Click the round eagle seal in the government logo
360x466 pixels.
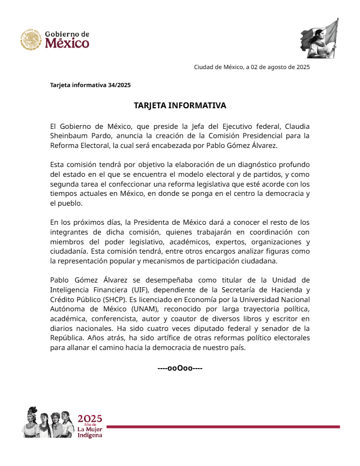pyautogui.click(x=30, y=40)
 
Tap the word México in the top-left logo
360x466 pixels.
pyautogui.click(x=67, y=43)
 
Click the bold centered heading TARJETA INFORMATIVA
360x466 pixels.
pyautogui.click(x=180, y=106)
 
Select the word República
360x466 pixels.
pyautogui.click(x=70, y=338)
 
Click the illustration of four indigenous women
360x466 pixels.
pyautogui.click(x=48, y=422)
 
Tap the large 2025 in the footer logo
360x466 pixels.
pyautogui.click(x=90, y=419)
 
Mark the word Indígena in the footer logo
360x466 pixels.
pyautogui.click(x=90, y=435)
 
